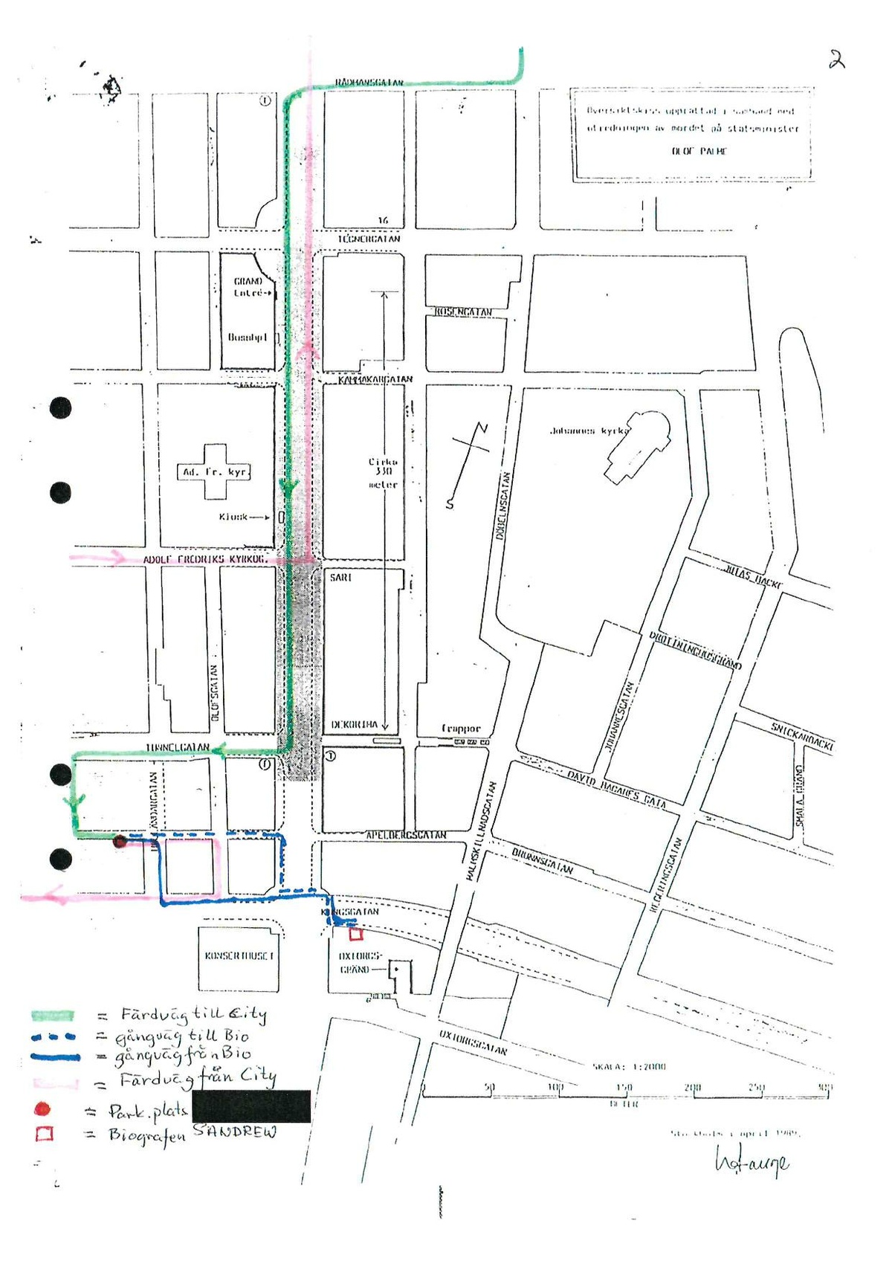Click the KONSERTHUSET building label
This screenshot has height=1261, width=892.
[x=239, y=955]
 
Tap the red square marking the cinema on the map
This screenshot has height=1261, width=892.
[x=356, y=935]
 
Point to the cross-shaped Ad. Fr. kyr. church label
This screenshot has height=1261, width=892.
[x=215, y=472]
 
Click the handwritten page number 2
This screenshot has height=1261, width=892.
[x=837, y=59]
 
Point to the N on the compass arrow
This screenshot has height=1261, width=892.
[x=482, y=428]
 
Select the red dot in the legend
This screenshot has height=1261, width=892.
[x=42, y=1109]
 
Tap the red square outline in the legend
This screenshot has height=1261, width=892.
[x=45, y=1134]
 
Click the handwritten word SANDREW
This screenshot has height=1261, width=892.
[x=234, y=1132]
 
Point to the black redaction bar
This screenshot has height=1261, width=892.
[x=251, y=1106]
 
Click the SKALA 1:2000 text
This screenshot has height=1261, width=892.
[x=629, y=1066]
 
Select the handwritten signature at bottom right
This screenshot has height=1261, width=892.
[x=751, y=1161]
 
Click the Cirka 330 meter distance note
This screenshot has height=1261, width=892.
[x=384, y=473]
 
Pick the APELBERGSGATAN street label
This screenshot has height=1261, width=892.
[x=406, y=836]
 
